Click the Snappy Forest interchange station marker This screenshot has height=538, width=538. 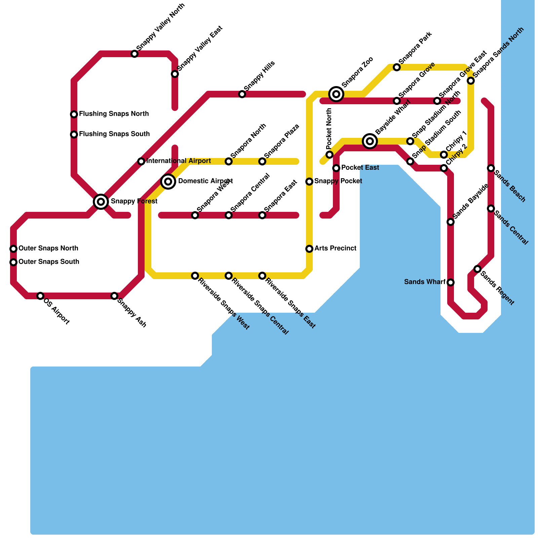101,202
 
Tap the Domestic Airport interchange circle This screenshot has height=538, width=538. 168,182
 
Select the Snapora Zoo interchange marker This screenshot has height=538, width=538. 336,94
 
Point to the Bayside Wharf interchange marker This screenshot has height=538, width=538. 370,141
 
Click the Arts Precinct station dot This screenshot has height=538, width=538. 309,249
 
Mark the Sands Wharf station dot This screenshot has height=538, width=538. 451,282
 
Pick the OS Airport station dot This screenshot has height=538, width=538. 40,296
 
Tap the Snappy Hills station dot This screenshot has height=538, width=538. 242,94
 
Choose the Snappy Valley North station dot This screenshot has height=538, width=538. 134,54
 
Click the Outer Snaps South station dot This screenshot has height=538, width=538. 13,262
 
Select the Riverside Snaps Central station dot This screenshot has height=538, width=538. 229,276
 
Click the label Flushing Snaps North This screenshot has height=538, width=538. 114,114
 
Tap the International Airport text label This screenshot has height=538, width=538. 179,161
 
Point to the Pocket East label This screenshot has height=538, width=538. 360,168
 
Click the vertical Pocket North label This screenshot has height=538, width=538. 329,129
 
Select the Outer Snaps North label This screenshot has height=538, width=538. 48,248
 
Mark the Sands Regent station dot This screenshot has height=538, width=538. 477,269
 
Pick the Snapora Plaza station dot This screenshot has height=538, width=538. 262,161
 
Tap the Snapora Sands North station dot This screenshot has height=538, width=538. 471,81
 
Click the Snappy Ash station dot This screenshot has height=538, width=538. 114,296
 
